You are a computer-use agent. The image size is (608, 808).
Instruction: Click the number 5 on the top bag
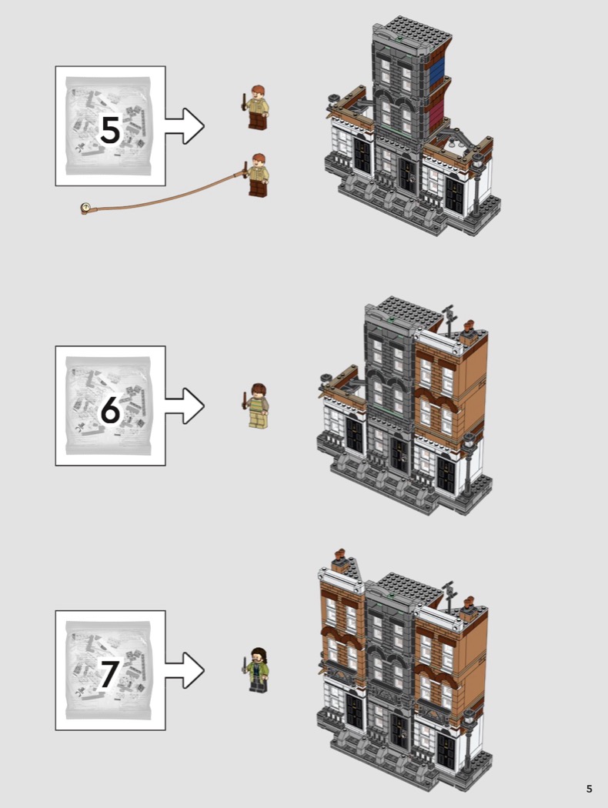[x=110, y=130]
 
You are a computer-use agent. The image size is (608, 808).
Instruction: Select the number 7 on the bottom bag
[x=109, y=674]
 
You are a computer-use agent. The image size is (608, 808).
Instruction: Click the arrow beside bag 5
[x=185, y=125]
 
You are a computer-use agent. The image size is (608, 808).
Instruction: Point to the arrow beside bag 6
[x=185, y=406]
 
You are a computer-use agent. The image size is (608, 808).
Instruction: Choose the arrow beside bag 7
[x=185, y=670]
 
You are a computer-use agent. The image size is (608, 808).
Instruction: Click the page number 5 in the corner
[x=590, y=789]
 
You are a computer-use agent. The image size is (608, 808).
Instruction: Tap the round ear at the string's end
[x=85, y=209]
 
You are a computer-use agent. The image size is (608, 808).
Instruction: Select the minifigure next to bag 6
[x=256, y=406]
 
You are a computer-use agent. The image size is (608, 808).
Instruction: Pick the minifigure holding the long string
[x=256, y=175]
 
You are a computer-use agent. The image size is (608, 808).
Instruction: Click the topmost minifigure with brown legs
[x=256, y=107]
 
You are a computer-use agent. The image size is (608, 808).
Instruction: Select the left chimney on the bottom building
[x=339, y=560]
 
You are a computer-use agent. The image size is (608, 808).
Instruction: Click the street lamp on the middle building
[x=469, y=464]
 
